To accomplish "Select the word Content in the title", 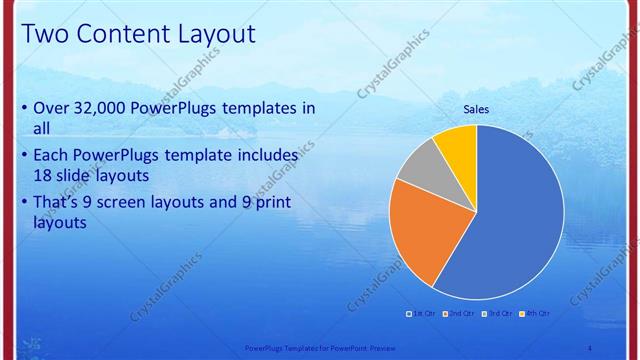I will pos(116,34).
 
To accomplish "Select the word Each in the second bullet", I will pos(52,156).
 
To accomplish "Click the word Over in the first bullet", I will pos(52,108).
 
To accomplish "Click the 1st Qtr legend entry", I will pos(420,314).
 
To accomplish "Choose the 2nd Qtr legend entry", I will pos(459,314).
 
